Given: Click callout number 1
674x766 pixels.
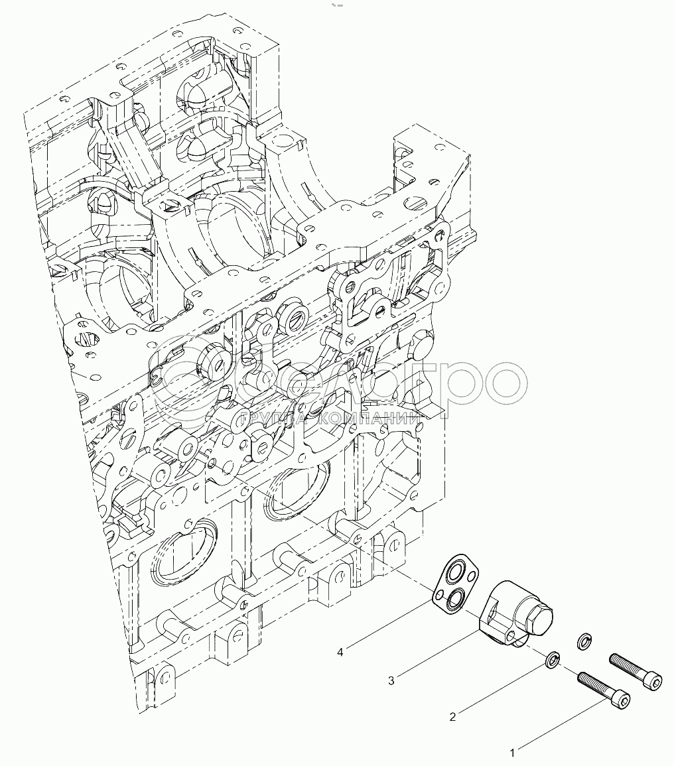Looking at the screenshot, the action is pos(512,753).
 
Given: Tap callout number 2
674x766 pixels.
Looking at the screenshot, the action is pos(452,717).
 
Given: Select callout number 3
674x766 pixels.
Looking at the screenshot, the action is pos(391,680).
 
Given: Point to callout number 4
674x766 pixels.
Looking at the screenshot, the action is pos(340,652).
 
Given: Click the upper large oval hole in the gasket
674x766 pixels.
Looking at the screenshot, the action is pos(454,572).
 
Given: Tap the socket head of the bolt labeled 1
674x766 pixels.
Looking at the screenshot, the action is pos(622,698).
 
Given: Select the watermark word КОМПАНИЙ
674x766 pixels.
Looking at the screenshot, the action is pos(371,419).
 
